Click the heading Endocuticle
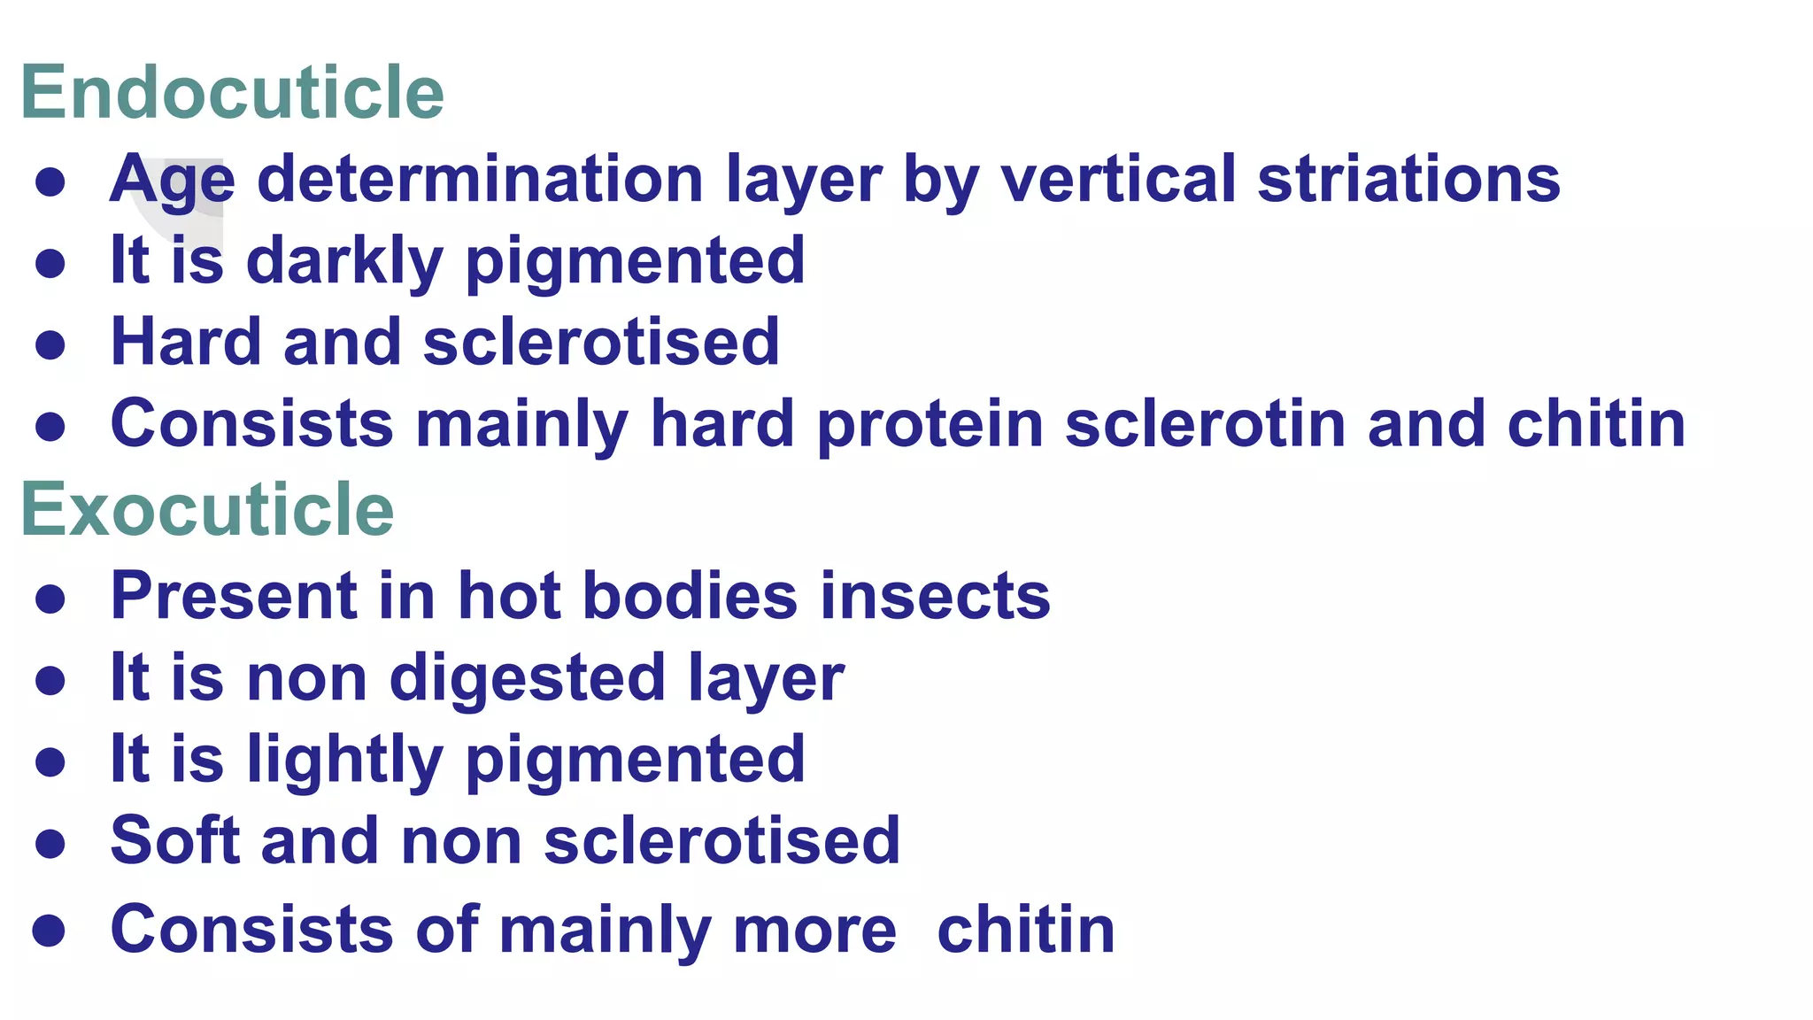pos(232,92)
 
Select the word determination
pos(480,179)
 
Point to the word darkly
pos(344,262)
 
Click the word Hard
pos(185,342)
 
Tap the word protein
pos(930,425)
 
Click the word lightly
pos(344,760)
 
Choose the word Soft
pos(174,839)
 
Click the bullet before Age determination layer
pos(50,182)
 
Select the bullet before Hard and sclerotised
pos(50,344)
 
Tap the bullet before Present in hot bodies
pos(50,599)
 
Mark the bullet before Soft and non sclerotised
pos(50,843)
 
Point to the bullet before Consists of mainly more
pos(49,931)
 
